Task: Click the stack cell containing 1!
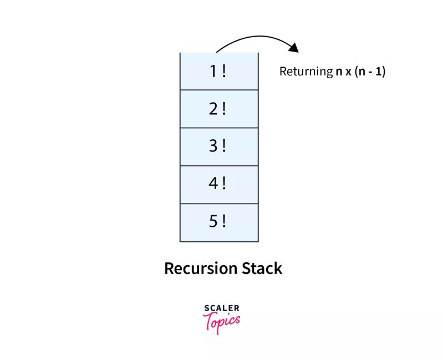point(219,72)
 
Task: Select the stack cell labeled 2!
point(219,109)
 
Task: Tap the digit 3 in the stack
point(214,147)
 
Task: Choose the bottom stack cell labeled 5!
point(219,222)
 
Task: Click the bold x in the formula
point(349,72)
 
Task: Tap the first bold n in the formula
point(338,72)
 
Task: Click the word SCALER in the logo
point(222,308)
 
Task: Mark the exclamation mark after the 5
point(224,222)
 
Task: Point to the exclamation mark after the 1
point(224,72)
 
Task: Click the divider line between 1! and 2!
point(219,90)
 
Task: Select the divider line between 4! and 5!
point(219,204)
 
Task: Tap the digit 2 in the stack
point(214,109)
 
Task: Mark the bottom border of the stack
point(219,241)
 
